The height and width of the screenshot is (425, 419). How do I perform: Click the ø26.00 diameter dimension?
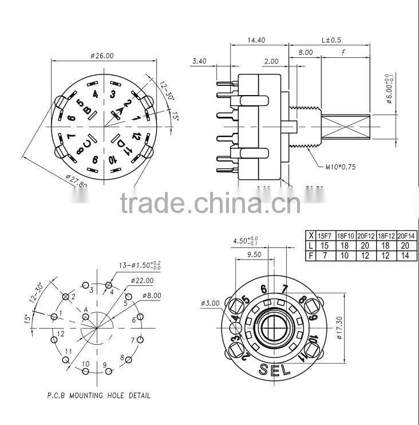point(102,56)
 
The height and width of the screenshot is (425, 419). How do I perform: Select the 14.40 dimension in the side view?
point(255,41)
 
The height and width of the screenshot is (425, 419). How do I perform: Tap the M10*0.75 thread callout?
point(340,167)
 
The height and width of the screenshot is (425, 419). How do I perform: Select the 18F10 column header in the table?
point(346,235)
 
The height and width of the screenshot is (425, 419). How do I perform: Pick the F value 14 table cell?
point(405,254)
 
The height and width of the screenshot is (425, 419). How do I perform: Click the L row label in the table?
point(311,245)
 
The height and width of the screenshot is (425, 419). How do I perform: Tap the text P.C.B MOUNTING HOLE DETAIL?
point(98,395)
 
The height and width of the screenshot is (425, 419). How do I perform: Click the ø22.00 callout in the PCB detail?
point(141,281)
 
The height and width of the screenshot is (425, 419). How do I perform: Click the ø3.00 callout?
point(211,302)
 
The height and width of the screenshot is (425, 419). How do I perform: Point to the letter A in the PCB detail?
point(86,310)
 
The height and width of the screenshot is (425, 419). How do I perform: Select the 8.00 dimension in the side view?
point(305,52)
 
